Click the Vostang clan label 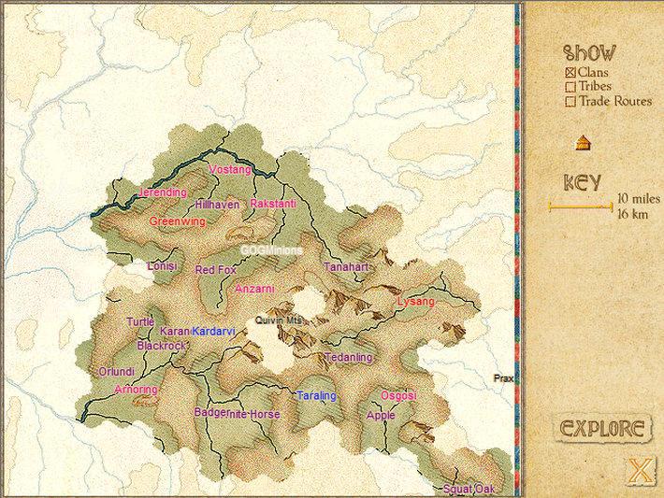pyautogui.click(x=230, y=170)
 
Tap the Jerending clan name pyautogui.click(x=163, y=192)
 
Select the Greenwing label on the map pyautogui.click(x=177, y=221)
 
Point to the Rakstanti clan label pyautogui.click(x=273, y=203)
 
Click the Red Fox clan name pyautogui.click(x=215, y=269)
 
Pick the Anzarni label pyautogui.click(x=255, y=289)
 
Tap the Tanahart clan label pyautogui.click(x=347, y=267)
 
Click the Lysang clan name pyautogui.click(x=416, y=302)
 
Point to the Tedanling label pyautogui.click(x=349, y=358)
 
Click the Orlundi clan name pyautogui.click(x=117, y=371)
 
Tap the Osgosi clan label pyautogui.click(x=398, y=396)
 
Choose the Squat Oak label pyautogui.click(x=469, y=489)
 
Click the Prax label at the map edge pyautogui.click(x=504, y=378)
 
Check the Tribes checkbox pyautogui.click(x=570, y=87)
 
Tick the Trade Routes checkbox pyautogui.click(x=570, y=102)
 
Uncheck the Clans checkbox pyautogui.click(x=570, y=72)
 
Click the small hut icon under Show pyautogui.click(x=583, y=143)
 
